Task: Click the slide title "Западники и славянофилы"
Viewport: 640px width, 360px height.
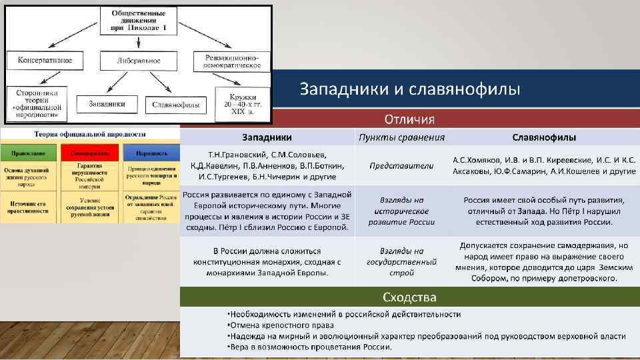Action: pos(409,89)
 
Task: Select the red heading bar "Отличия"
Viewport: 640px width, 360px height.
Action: pos(409,119)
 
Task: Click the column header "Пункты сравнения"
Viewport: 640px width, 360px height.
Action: pos(401,137)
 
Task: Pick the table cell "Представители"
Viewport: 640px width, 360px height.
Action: pos(401,165)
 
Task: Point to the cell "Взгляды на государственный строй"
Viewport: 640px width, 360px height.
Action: pos(401,262)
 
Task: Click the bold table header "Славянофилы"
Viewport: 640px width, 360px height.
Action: pos(544,137)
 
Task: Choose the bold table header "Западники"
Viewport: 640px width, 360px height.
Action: pos(267,137)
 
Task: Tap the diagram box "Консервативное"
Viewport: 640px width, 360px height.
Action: pos(40,61)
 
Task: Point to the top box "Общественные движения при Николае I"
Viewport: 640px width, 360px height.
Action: pos(139,20)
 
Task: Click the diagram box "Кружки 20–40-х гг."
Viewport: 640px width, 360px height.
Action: pos(243,104)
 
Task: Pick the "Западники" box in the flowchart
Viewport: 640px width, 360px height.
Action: pos(106,104)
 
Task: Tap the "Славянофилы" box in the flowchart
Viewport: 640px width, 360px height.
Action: pos(177,105)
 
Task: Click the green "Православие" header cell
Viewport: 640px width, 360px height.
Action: pos(27,153)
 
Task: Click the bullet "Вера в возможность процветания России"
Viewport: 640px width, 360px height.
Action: pos(309,347)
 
